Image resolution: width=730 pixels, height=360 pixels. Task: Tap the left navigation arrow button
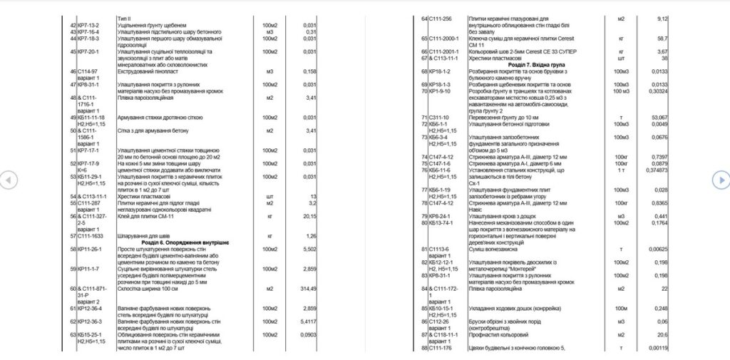(8, 180)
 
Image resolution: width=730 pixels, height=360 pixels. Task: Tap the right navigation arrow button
(721, 180)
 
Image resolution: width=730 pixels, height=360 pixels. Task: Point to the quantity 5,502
(309, 249)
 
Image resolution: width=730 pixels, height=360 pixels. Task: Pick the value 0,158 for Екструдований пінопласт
(309, 71)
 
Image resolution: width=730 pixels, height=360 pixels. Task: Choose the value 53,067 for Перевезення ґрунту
(659, 117)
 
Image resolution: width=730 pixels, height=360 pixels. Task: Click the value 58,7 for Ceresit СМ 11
(662, 38)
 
